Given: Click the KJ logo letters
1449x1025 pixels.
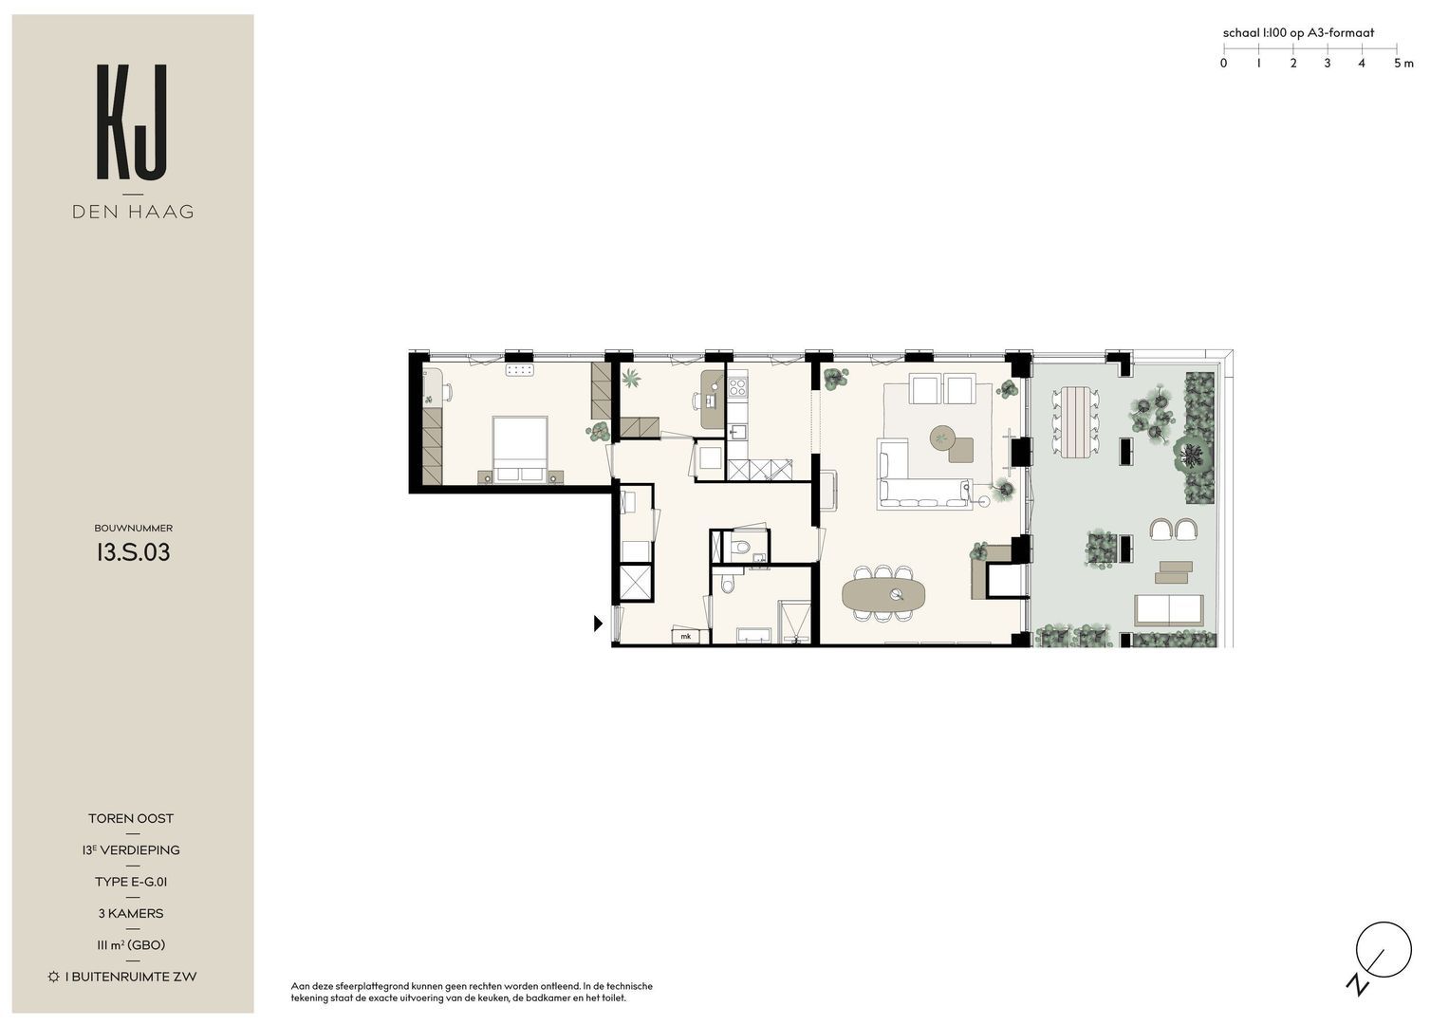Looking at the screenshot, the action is coord(132,121).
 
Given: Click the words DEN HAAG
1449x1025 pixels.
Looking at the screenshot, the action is coord(133,212).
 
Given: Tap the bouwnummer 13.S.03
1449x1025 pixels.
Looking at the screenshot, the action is coord(133,552).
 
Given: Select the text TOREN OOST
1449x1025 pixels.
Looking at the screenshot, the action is coord(131,818).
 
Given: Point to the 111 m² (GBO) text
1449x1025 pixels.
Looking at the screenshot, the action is coord(131,944).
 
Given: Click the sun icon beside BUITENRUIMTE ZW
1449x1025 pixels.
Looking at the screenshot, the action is coord(54,977).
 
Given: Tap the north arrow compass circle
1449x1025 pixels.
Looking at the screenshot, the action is coord(1384,950).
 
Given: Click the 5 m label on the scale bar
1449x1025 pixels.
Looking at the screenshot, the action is coord(1403,63).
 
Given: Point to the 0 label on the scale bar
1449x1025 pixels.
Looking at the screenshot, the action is coord(1223,63).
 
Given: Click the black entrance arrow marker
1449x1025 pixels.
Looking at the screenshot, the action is coord(599,624).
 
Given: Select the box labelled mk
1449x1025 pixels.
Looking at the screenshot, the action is coord(686,636).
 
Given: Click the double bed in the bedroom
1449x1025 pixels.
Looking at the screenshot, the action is coord(520,449).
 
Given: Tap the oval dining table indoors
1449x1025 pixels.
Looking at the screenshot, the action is coord(883,593).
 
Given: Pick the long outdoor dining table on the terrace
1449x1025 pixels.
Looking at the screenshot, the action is coord(1074,421).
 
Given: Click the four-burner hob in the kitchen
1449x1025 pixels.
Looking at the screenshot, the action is coord(737,387).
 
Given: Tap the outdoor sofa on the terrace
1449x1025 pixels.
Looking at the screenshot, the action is coord(1169,610).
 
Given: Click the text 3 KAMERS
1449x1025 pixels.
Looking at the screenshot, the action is coord(131,913).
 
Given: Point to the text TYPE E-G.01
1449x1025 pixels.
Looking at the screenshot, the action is coord(131,882).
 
